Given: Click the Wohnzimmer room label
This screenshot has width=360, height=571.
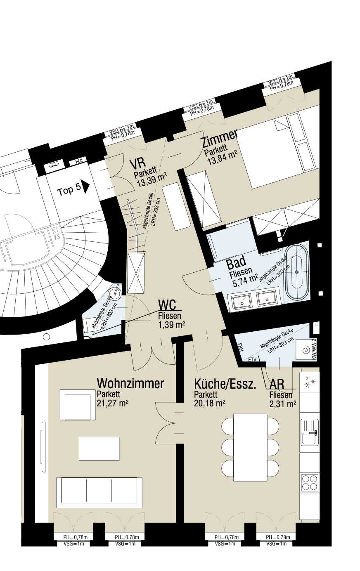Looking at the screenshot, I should [x=130, y=383].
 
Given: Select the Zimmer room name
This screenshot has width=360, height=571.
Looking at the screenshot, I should [x=219, y=139].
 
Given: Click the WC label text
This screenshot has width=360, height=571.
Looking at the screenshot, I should [x=167, y=305].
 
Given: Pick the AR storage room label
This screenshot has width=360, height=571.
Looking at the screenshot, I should [x=277, y=385].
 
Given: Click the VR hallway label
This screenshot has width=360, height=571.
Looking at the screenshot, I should [x=137, y=164].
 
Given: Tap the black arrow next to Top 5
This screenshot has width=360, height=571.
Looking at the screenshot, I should [x=85, y=186].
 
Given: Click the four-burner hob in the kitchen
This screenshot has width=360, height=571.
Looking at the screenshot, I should [x=310, y=482].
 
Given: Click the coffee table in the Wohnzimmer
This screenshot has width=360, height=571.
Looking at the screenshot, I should [x=99, y=448].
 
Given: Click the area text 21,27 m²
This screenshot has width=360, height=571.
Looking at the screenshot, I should [x=112, y=403].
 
